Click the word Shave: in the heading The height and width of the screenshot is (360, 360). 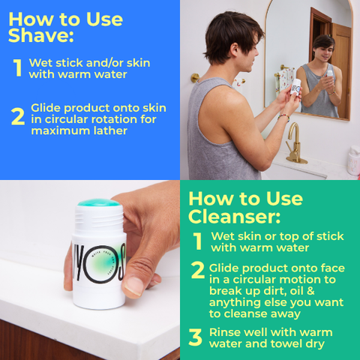(41, 35)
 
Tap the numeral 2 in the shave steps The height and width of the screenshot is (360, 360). (18, 116)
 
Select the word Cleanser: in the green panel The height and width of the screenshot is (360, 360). (234, 216)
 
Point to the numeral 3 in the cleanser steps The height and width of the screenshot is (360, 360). (196, 337)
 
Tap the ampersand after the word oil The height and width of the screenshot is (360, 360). (310, 291)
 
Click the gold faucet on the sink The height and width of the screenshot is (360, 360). (295, 144)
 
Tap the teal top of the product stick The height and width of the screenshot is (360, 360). (99, 202)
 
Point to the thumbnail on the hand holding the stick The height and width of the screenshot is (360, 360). (133, 286)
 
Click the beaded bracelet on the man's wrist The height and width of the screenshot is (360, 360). (283, 117)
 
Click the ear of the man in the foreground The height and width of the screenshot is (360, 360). (234, 49)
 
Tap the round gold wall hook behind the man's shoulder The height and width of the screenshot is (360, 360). (195, 78)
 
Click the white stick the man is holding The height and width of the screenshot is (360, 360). (295, 86)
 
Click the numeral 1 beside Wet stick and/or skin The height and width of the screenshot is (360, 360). (18, 67)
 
